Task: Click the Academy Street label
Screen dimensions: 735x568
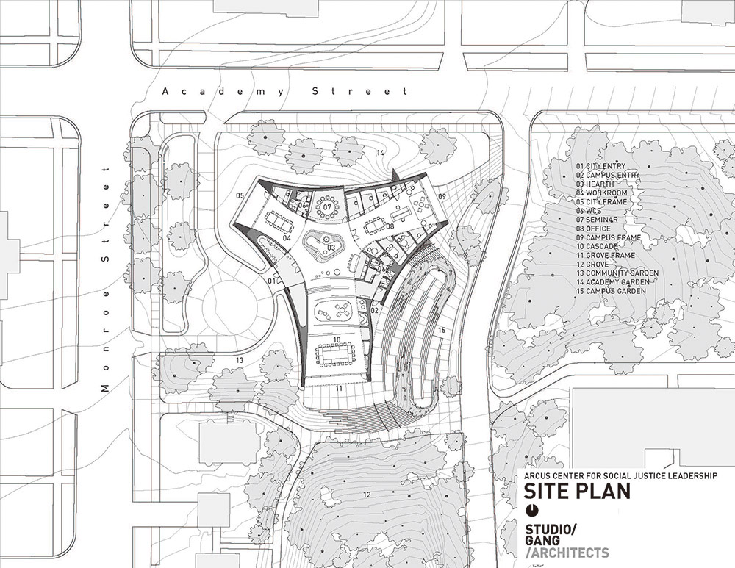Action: point(285,91)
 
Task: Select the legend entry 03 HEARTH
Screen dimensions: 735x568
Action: point(595,184)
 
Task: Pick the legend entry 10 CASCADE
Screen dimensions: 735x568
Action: point(597,246)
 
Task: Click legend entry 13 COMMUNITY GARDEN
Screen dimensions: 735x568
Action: point(617,273)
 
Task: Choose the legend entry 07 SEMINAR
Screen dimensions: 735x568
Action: point(597,220)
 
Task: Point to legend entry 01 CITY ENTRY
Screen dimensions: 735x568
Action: point(601,166)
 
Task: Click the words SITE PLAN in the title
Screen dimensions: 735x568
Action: point(577,491)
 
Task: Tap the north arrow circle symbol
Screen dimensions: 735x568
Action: point(532,510)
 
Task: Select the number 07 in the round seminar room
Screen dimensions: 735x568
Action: point(327,206)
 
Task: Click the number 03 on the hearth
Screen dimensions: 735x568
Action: point(331,247)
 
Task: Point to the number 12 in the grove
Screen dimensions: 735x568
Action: point(367,495)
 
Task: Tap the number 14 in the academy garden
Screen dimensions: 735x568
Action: point(380,153)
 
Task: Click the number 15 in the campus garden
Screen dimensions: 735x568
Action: point(442,331)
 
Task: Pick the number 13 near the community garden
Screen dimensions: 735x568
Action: point(240,360)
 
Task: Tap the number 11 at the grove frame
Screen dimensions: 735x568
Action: point(338,388)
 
